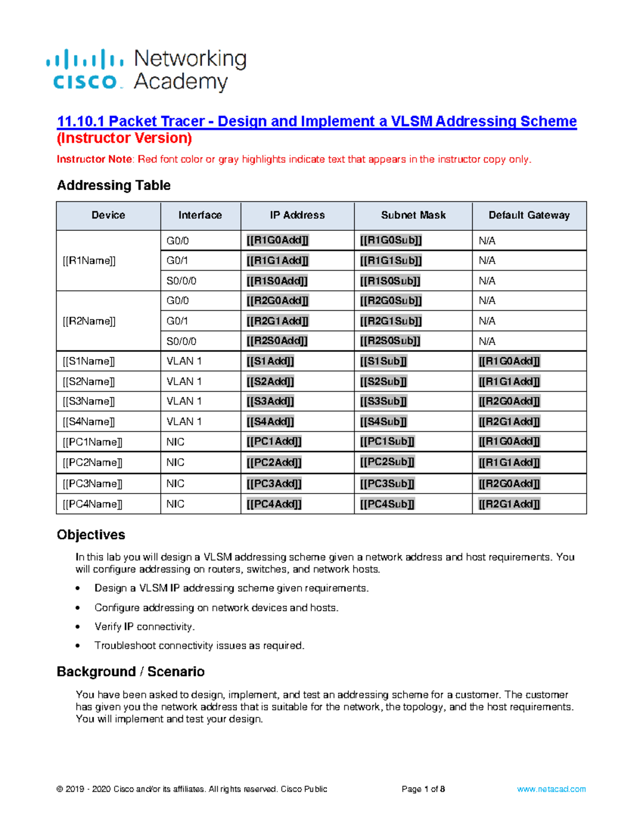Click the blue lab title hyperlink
pyautogui.click(x=317, y=122)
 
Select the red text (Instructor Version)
pyautogui.click(x=124, y=138)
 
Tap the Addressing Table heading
pyautogui.click(x=114, y=185)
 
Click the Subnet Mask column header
pyautogui.click(x=413, y=215)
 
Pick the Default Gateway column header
pyautogui.click(x=529, y=215)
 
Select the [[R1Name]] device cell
pyautogui.click(x=89, y=261)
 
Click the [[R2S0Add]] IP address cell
pyautogui.click(x=277, y=341)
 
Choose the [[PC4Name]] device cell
pyautogui.click(x=92, y=504)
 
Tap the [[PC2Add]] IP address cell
pyautogui.click(x=274, y=462)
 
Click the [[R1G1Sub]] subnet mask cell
pyautogui.click(x=391, y=261)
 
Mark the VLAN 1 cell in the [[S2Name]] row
pyautogui.click(x=184, y=381)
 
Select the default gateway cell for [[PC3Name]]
pyautogui.click(x=509, y=484)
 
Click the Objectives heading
pyautogui.click(x=91, y=535)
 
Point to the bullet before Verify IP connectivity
pyautogui.click(x=78, y=627)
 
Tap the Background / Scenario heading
pyautogui.click(x=131, y=672)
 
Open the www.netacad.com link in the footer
pyautogui.click(x=551, y=789)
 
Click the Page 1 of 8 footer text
pyautogui.click(x=423, y=789)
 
